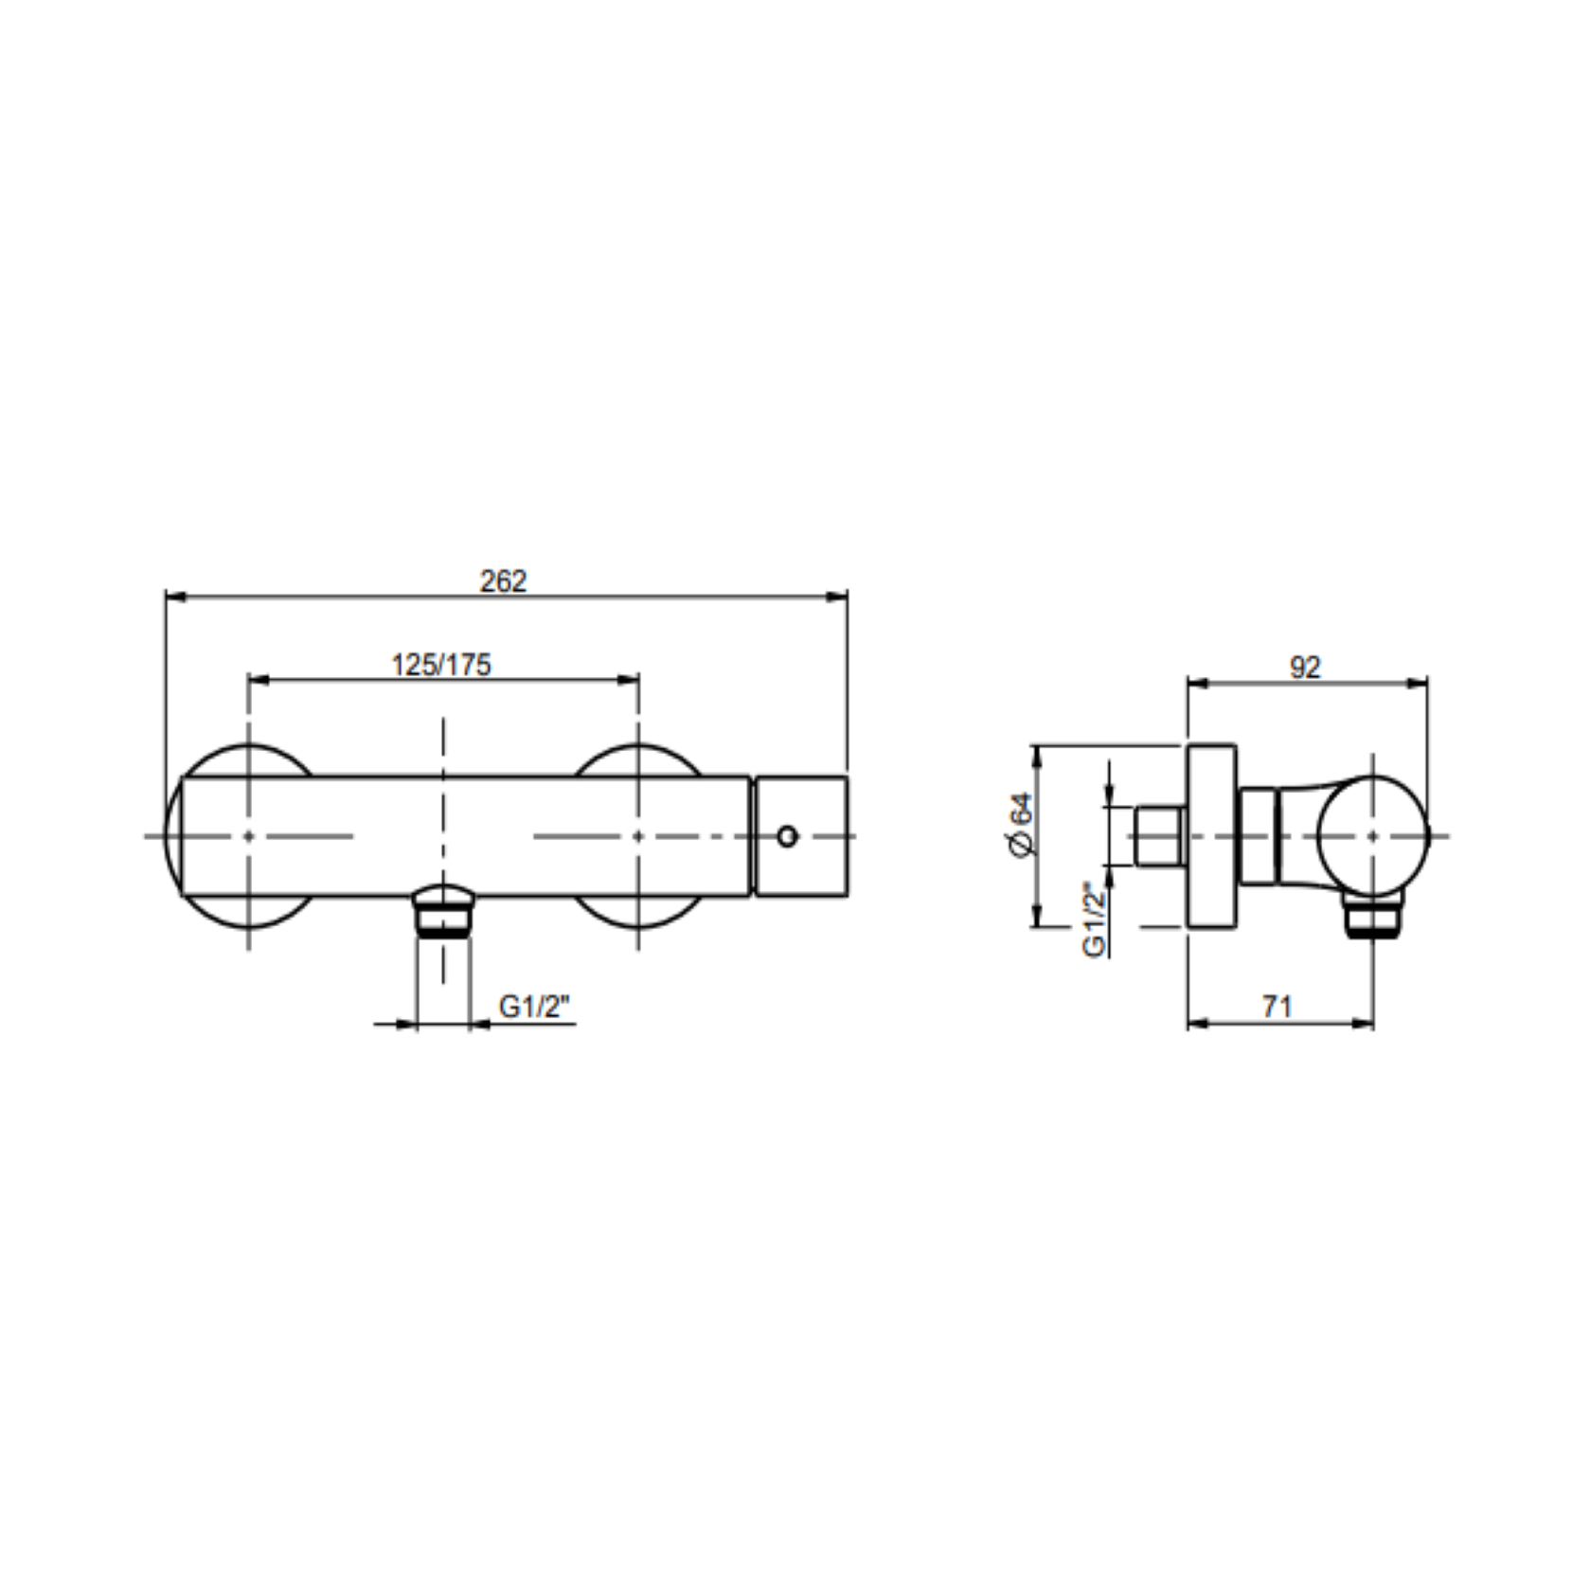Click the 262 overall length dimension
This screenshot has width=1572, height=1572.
click(503, 581)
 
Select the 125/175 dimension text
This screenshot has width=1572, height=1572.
click(441, 665)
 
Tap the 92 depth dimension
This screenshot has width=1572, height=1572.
click(1304, 668)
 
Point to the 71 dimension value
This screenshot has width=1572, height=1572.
click(1277, 1006)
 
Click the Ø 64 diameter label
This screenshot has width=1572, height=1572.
click(1021, 826)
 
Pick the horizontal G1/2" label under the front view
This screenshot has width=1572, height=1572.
click(536, 1007)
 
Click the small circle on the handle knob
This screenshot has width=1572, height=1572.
click(787, 836)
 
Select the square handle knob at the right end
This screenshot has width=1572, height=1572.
click(801, 836)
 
